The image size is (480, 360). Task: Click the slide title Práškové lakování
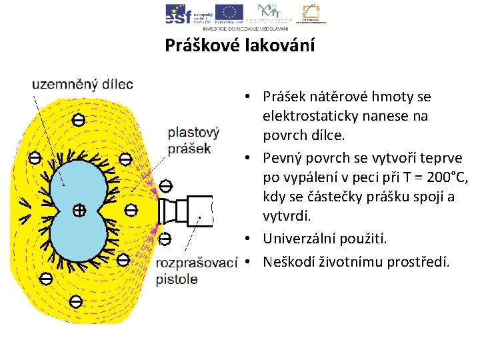point(239,45)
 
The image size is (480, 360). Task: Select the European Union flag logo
point(229,13)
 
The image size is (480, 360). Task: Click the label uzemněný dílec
point(83,85)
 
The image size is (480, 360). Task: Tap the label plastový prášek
point(193,140)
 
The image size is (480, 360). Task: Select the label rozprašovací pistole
point(196,271)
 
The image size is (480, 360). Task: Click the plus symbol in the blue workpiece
point(79,210)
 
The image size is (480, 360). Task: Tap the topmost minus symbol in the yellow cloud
point(78,120)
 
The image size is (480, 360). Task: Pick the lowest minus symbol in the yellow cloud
point(76,301)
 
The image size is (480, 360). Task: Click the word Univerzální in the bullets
point(295,238)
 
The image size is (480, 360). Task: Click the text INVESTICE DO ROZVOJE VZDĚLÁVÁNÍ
point(245,29)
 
